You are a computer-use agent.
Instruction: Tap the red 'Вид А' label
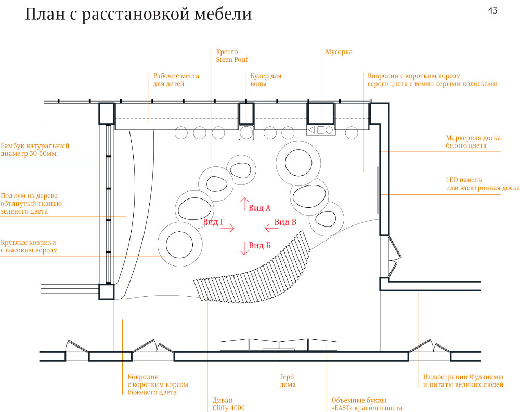pos(259,208)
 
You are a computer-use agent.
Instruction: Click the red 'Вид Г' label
pos(213,222)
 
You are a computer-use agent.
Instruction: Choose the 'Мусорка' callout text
pos(339,52)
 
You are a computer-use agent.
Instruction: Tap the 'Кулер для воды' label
pos(266,79)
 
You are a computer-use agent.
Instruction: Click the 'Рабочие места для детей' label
pos(176,79)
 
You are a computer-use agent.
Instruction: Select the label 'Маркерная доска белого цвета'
pos(473,142)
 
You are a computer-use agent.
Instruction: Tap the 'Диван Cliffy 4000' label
pos(228,404)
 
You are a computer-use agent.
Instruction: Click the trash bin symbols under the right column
pos(321,130)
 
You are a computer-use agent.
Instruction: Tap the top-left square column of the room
pos(107,113)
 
